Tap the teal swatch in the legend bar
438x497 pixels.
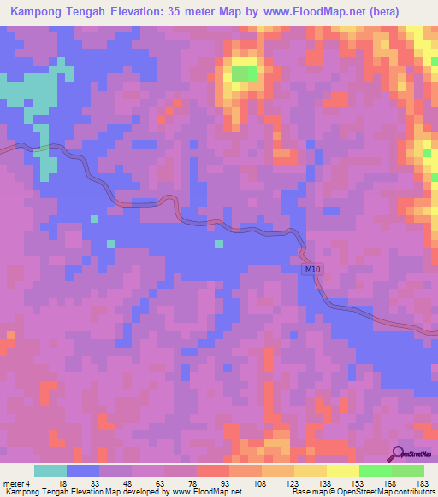click(x=50, y=471)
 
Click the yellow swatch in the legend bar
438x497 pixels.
click(x=342, y=471)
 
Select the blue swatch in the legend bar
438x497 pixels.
click(x=83, y=471)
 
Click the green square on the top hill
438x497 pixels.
click(x=244, y=73)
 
